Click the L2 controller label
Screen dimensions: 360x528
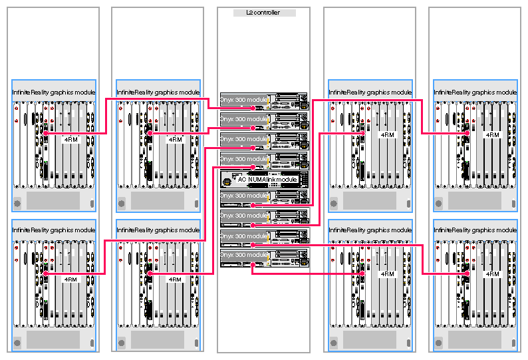(263, 13)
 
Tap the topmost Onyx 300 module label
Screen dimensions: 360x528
(244, 99)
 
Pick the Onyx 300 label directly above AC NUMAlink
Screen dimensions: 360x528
(244, 159)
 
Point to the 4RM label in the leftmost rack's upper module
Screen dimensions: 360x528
(70, 140)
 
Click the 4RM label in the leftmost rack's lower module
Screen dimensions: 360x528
(70, 279)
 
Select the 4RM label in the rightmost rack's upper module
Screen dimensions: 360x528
(492, 134)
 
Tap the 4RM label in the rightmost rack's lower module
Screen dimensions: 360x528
(492, 273)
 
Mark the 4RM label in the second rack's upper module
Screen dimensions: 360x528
(176, 140)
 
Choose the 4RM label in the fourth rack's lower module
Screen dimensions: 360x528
(387, 273)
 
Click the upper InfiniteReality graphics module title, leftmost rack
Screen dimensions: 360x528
(54, 92)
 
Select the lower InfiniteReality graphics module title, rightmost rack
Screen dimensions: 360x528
(475, 230)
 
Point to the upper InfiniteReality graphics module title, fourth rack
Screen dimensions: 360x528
(370, 92)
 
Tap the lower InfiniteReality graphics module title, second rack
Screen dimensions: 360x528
(158, 230)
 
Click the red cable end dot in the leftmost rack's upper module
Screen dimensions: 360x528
(45, 134)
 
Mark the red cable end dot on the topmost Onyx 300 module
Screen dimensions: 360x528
(253, 107)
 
